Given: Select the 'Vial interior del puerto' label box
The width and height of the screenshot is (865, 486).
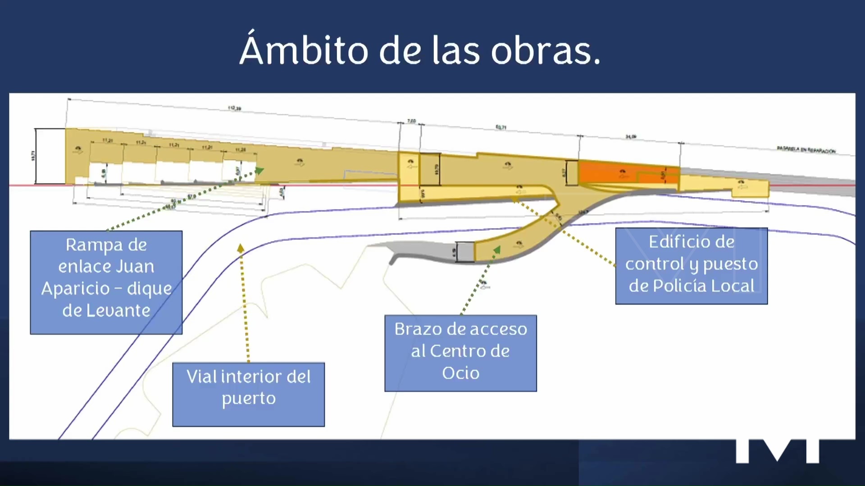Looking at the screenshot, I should click(x=248, y=394).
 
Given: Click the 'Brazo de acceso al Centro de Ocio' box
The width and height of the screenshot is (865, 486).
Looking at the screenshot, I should click(x=460, y=353).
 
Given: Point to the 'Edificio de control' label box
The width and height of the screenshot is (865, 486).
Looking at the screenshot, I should click(x=691, y=265).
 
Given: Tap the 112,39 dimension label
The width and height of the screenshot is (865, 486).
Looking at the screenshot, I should click(x=234, y=108).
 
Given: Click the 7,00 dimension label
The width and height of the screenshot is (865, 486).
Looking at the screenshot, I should click(x=411, y=121).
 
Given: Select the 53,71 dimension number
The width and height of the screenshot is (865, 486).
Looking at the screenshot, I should click(x=501, y=128).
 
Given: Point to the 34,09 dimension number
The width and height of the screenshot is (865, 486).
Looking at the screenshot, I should click(x=631, y=136).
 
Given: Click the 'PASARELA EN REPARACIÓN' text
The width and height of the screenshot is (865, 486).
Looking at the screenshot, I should click(x=806, y=150).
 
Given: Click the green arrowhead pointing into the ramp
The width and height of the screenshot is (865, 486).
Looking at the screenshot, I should click(x=259, y=171).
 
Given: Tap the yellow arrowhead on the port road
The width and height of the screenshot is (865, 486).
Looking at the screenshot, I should click(x=241, y=248).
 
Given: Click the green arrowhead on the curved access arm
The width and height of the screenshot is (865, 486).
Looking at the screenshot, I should click(x=497, y=249).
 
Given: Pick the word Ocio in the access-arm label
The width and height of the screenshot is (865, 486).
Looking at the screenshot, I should click(x=460, y=373).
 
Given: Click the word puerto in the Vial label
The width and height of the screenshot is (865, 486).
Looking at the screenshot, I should click(x=248, y=399).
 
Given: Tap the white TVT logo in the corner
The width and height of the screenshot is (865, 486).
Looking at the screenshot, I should click(x=777, y=450).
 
